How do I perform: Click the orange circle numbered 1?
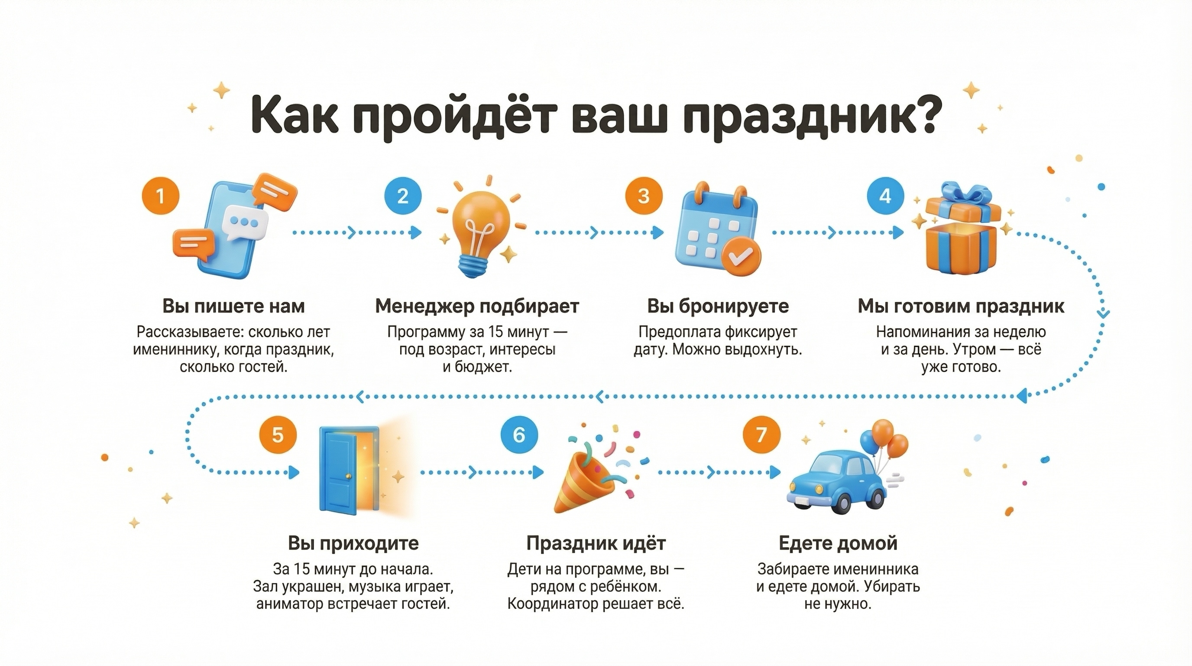(160, 196)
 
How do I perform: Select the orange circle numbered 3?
(644, 196)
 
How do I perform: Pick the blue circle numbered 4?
(885, 196)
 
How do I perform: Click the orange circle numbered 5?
(278, 435)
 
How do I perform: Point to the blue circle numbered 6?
(519, 435)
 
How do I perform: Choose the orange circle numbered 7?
(761, 435)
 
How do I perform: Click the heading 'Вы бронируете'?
(718, 306)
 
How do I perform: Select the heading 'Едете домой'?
(838, 543)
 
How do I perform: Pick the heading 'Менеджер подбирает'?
(477, 306)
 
